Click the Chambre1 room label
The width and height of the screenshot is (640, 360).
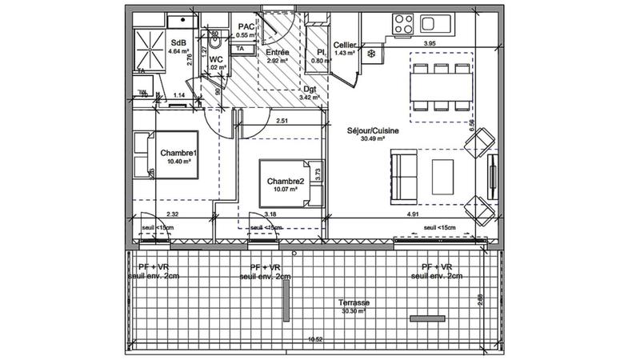point(178,153)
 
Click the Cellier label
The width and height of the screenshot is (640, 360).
point(345,46)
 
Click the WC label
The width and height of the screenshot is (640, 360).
point(215,58)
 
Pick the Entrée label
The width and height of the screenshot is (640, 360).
point(278,52)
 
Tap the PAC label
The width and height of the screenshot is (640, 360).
point(246,26)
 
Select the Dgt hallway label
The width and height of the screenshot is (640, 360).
point(310,90)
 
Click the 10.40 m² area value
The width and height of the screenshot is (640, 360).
point(178,162)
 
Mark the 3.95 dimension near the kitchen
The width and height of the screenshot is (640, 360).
point(429,44)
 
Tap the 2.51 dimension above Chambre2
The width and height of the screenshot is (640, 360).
point(282,122)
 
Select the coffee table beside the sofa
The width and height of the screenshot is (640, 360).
point(442,173)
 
